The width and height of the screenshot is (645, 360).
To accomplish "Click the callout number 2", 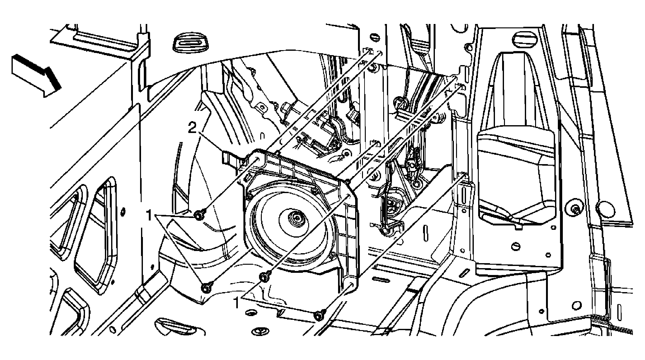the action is tap(192, 128).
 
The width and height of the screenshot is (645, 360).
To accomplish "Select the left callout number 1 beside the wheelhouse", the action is tap(150, 215).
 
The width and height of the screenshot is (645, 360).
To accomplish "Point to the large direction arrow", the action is tap(36, 75).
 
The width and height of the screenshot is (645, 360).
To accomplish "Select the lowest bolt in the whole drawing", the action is tap(319, 316).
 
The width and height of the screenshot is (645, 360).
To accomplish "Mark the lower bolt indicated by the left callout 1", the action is tap(206, 288).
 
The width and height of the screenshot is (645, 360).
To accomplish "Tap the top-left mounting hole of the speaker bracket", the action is tap(258, 160).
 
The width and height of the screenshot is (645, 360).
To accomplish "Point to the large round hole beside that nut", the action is tap(604, 207).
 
